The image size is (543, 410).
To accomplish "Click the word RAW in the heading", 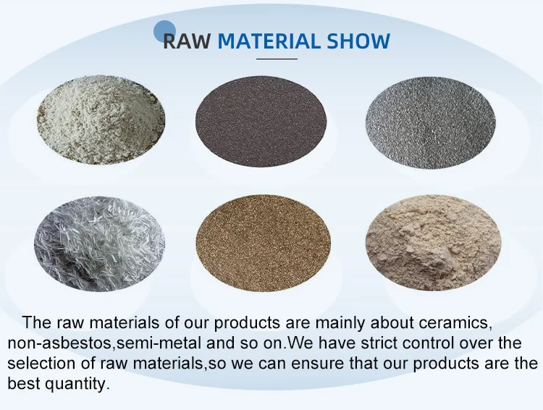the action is click(186, 41).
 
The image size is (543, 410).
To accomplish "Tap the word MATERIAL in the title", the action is click(269, 41).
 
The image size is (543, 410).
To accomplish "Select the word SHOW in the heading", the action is click(358, 41).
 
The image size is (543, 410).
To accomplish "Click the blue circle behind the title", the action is click(165, 31).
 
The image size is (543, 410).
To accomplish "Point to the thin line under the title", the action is click(277, 59).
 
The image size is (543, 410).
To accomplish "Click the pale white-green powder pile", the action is click(101, 120).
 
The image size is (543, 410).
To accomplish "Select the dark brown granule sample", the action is click(261, 121).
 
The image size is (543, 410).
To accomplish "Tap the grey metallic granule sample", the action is click(431, 123).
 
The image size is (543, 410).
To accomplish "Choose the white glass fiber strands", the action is click(99, 243).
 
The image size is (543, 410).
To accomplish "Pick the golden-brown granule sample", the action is click(264, 243).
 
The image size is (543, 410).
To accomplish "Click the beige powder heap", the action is click(433, 243).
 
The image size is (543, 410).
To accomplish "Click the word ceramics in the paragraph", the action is click(455, 322).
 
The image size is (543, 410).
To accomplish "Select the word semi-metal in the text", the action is click(159, 343).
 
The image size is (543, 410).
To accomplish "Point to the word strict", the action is click(379, 343).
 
